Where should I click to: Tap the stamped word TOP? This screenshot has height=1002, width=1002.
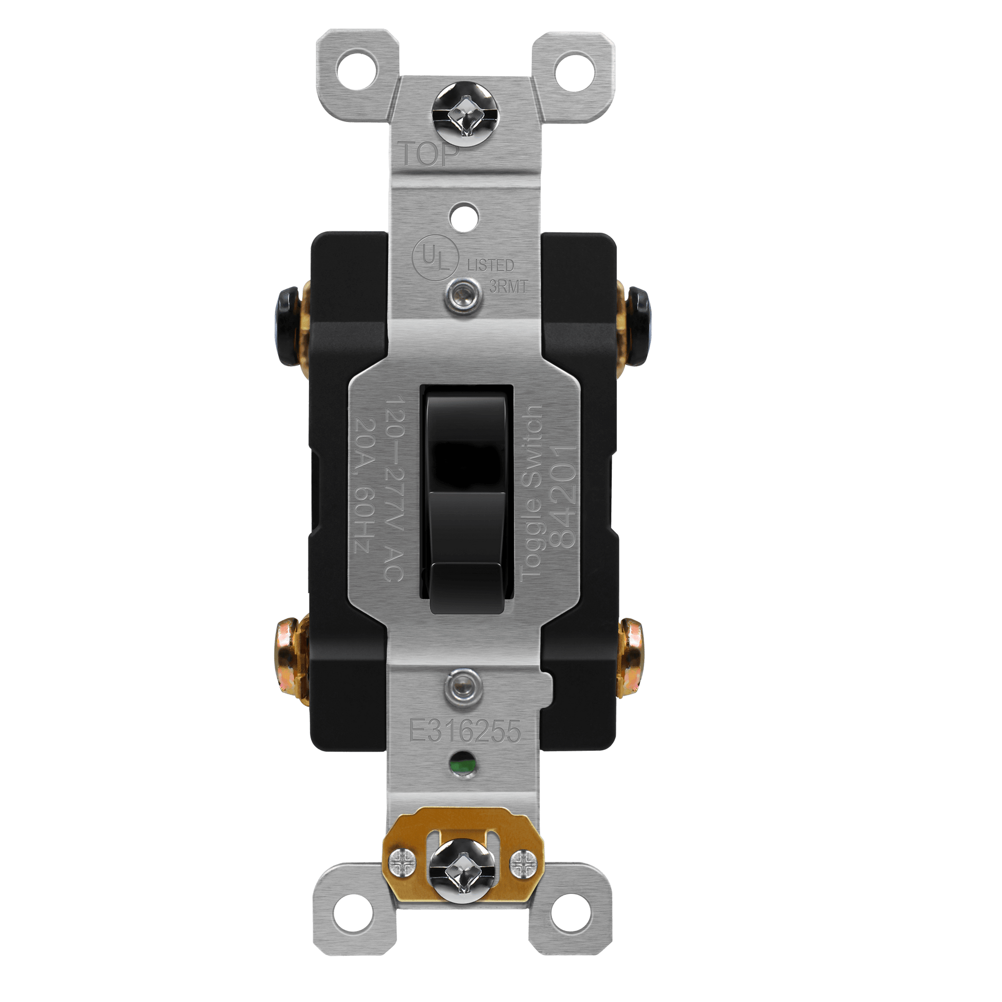pos(429,154)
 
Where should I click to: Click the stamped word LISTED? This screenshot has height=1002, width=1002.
pos(490,265)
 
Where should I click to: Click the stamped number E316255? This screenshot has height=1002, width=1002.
pos(464,731)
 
